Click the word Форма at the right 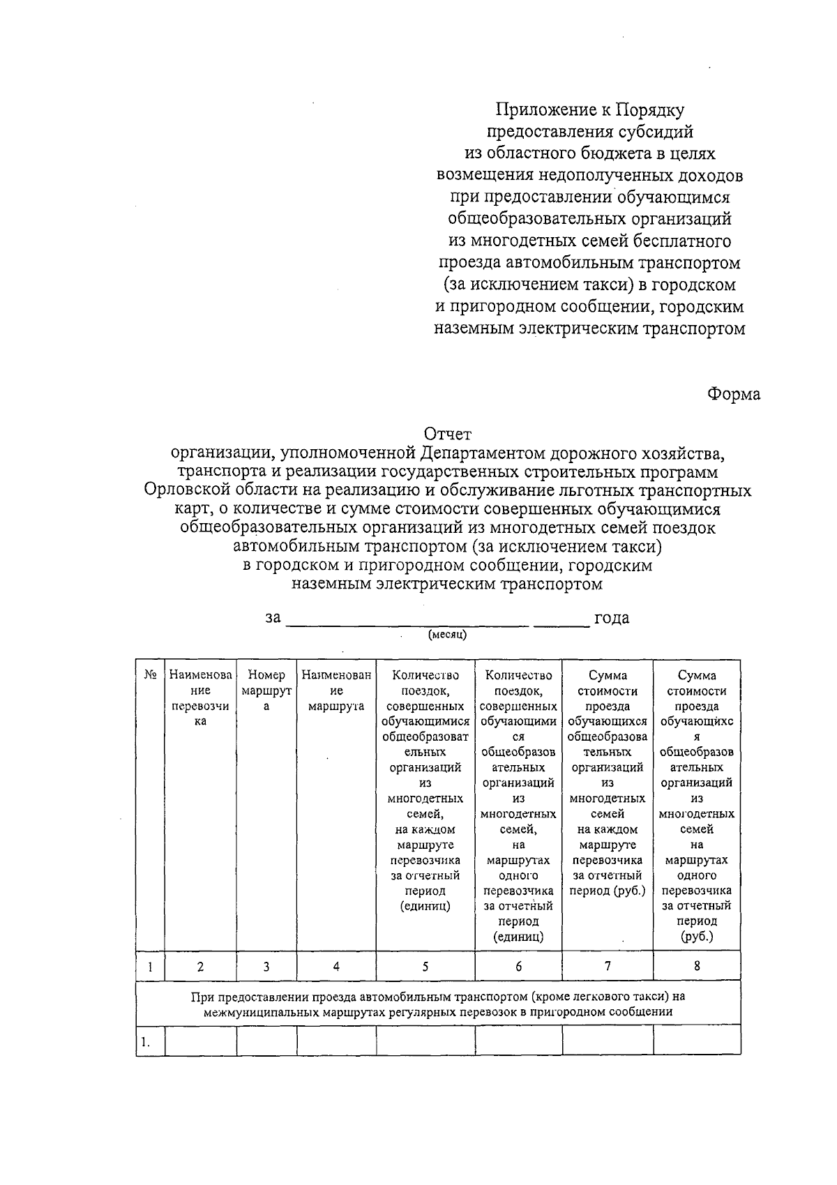point(733,395)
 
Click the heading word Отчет point(448,435)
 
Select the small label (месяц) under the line point(447,635)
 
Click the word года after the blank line point(611,618)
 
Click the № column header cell point(149,675)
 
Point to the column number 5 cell point(425,967)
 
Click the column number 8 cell point(696,966)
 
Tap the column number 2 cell point(200,967)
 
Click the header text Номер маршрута point(266,690)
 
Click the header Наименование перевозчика point(200,698)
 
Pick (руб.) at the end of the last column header point(696,937)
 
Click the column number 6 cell point(518,967)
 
